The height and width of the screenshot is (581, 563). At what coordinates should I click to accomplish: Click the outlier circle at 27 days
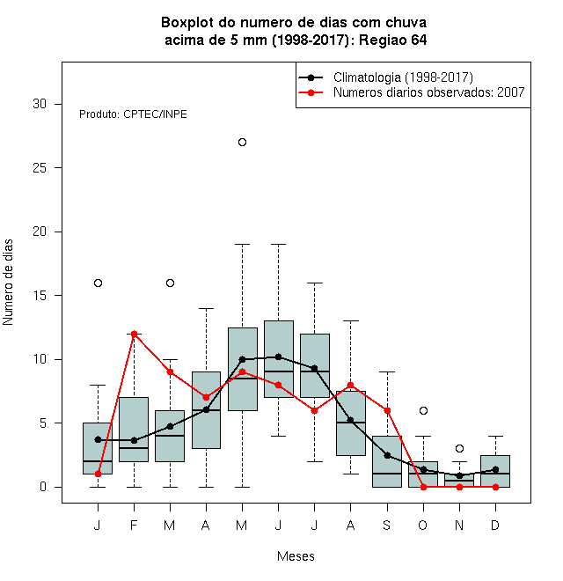pos(242,143)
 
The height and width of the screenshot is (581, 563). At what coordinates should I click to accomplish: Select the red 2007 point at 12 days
pos(134,334)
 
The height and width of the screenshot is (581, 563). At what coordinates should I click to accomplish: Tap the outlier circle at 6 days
pos(423,410)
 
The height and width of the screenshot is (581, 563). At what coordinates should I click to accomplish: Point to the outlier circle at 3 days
pos(460,449)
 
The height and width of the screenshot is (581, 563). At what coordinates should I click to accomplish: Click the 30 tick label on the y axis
pos(40,104)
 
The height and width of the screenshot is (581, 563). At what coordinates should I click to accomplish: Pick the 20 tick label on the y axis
pos(40,232)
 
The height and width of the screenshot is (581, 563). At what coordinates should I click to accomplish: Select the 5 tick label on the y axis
pos(43,423)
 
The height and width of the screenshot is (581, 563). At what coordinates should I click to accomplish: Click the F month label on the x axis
pos(134,525)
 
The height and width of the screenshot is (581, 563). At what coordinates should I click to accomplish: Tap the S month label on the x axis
pos(387,525)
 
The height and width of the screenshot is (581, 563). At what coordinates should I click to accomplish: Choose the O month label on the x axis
pos(422,525)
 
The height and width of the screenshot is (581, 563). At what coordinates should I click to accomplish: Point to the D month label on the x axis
pos(495,525)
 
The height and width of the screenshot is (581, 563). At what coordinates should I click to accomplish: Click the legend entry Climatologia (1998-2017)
pos(403,77)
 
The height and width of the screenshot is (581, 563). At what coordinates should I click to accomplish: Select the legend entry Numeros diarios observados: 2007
pos(429,92)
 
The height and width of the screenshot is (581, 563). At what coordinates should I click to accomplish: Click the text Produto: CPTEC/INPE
pos(133,114)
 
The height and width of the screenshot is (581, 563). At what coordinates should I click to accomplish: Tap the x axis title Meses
pos(296,556)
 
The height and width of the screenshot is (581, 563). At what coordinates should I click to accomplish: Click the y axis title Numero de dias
pos(8,283)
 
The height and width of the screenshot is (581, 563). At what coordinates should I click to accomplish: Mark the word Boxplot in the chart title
pos(187,23)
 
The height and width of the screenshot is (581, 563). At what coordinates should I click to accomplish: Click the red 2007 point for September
pos(387,410)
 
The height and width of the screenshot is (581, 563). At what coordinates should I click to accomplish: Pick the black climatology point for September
pos(387,455)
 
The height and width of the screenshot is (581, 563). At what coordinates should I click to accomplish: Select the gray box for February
pos(134,430)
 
